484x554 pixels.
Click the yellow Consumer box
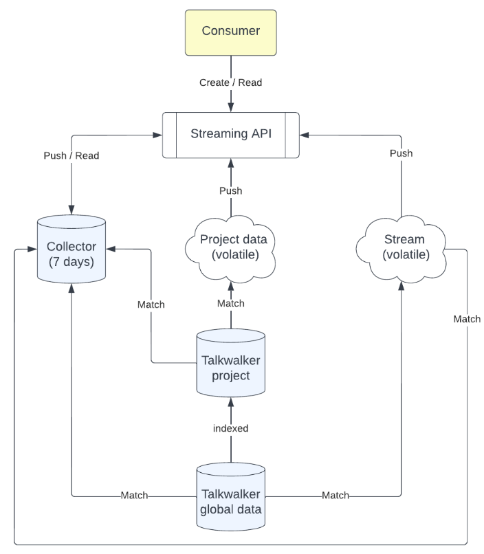[x=230, y=32]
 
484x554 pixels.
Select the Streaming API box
[x=230, y=133]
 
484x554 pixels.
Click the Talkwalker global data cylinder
[x=230, y=496]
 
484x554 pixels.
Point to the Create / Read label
[x=230, y=82]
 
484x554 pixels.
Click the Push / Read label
[x=71, y=155]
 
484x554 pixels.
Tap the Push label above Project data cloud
[x=230, y=190]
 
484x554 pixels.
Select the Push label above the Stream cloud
[x=401, y=153]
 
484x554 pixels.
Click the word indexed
[x=230, y=428]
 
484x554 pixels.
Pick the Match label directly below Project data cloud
[x=230, y=303]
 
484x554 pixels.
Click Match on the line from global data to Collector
[x=135, y=495]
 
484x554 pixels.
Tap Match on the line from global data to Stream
[x=335, y=495]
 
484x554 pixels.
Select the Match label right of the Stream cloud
[x=467, y=319]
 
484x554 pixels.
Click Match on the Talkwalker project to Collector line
[x=151, y=304]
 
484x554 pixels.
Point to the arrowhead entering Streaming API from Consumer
[x=230, y=107]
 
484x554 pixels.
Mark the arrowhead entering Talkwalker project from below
[x=230, y=401]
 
